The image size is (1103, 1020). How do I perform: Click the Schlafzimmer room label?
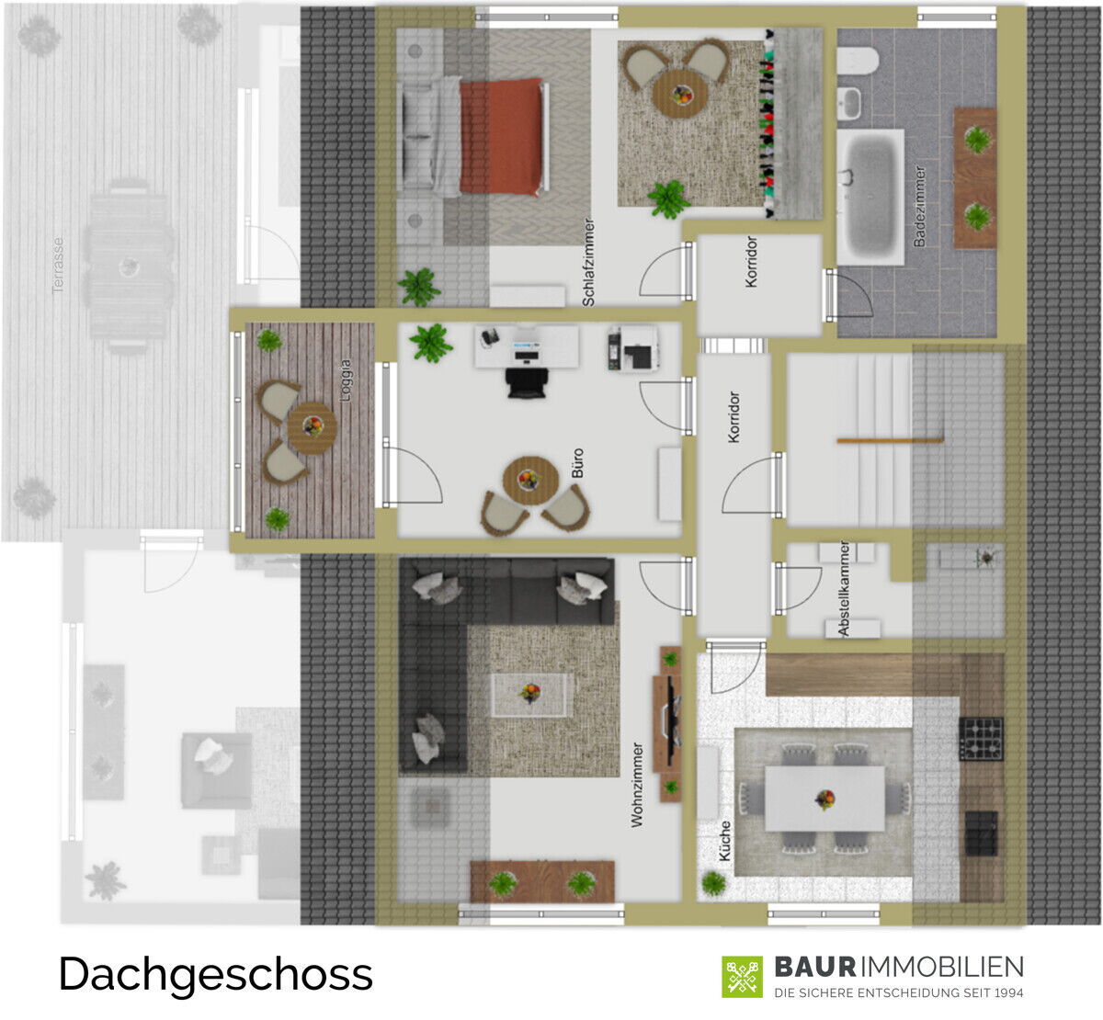pyautogui.click(x=588, y=262)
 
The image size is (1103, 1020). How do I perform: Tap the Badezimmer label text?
pyautogui.click(x=920, y=207)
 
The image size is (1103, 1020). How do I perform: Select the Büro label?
pyautogui.click(x=577, y=463)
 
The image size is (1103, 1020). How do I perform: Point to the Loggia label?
pyautogui.click(x=346, y=380)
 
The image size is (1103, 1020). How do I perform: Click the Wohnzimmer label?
pyautogui.click(x=637, y=785)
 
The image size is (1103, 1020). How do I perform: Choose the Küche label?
pyautogui.click(x=725, y=841)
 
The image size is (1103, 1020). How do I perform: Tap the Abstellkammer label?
pyautogui.click(x=844, y=589)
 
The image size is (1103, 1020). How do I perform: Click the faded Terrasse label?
pyautogui.click(x=58, y=266)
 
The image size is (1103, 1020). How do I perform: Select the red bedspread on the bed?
pyautogui.click(x=501, y=137)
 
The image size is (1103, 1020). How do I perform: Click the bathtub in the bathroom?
pyautogui.click(x=870, y=197)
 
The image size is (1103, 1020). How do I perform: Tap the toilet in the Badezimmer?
pyautogui.click(x=858, y=61)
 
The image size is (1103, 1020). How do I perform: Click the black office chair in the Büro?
pyautogui.click(x=527, y=383)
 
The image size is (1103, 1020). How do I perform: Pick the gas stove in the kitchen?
pyautogui.click(x=982, y=739)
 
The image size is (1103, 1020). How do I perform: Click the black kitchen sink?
pyautogui.click(x=982, y=833)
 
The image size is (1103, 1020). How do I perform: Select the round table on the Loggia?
pyautogui.click(x=313, y=427)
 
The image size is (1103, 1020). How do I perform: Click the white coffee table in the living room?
pyautogui.click(x=529, y=695)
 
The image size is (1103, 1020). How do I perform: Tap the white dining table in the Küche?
pyautogui.click(x=824, y=798)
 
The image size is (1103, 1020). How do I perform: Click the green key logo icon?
pyautogui.click(x=742, y=977)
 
